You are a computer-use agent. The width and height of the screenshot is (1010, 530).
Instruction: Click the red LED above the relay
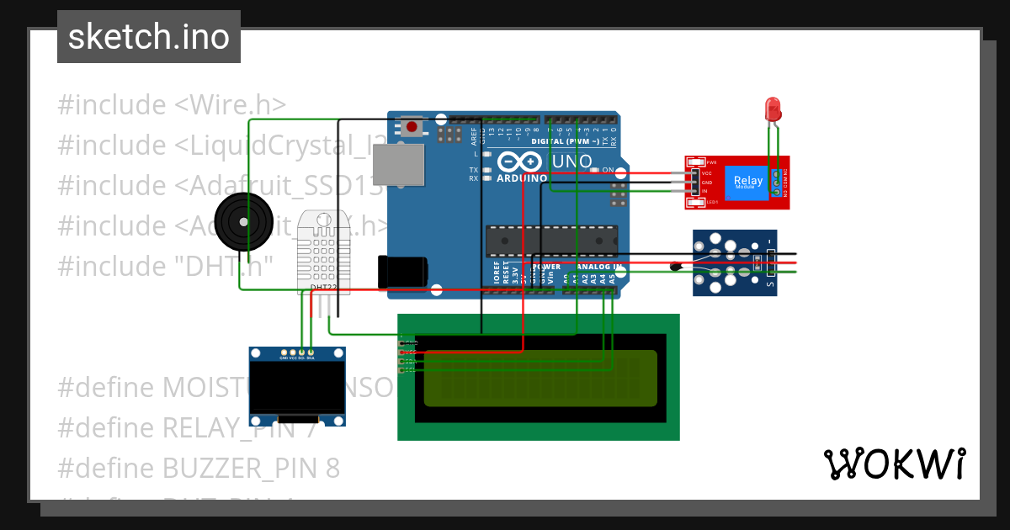[772, 109]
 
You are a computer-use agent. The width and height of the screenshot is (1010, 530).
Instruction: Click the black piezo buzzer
[232, 221]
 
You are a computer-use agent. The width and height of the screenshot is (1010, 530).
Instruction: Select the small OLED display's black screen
[298, 388]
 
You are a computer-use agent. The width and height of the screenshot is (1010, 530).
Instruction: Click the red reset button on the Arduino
[412, 127]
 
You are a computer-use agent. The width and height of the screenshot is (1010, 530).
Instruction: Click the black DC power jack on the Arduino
[403, 271]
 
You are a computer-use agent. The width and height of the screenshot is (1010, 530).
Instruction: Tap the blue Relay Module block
[749, 182]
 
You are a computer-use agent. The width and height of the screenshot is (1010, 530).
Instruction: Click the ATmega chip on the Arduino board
[551, 241]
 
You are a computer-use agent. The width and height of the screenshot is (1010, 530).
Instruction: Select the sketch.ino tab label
[149, 37]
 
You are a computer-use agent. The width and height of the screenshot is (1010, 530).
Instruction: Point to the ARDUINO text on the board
[522, 178]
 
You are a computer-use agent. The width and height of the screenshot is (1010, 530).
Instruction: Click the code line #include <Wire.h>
[172, 105]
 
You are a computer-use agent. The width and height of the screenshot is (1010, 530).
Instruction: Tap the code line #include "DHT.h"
[166, 266]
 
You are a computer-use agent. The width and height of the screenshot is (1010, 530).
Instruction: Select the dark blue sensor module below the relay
[734, 262]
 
